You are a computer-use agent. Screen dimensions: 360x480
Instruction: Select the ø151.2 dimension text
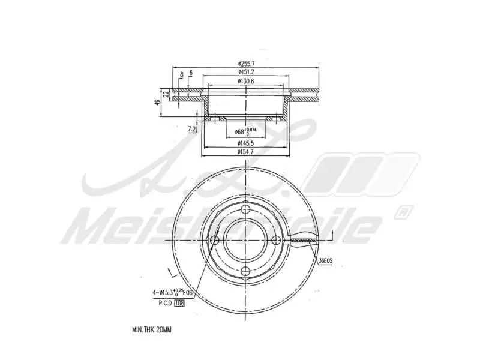245,72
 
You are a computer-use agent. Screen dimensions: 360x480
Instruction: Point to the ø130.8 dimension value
245,81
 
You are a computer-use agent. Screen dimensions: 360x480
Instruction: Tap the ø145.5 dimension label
245,143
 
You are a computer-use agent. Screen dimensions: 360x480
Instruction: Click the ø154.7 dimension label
245,153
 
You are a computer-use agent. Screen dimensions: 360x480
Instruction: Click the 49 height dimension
158,101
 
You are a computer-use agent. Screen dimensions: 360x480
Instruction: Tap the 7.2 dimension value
192,129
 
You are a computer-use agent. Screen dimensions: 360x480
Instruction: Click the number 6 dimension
190,73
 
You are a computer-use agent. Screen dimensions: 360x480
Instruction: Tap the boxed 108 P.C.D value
179,304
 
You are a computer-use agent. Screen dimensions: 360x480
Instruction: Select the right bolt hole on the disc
276,241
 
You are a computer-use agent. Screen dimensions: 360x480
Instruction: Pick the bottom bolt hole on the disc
245,271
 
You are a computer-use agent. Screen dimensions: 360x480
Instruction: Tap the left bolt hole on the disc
215,241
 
